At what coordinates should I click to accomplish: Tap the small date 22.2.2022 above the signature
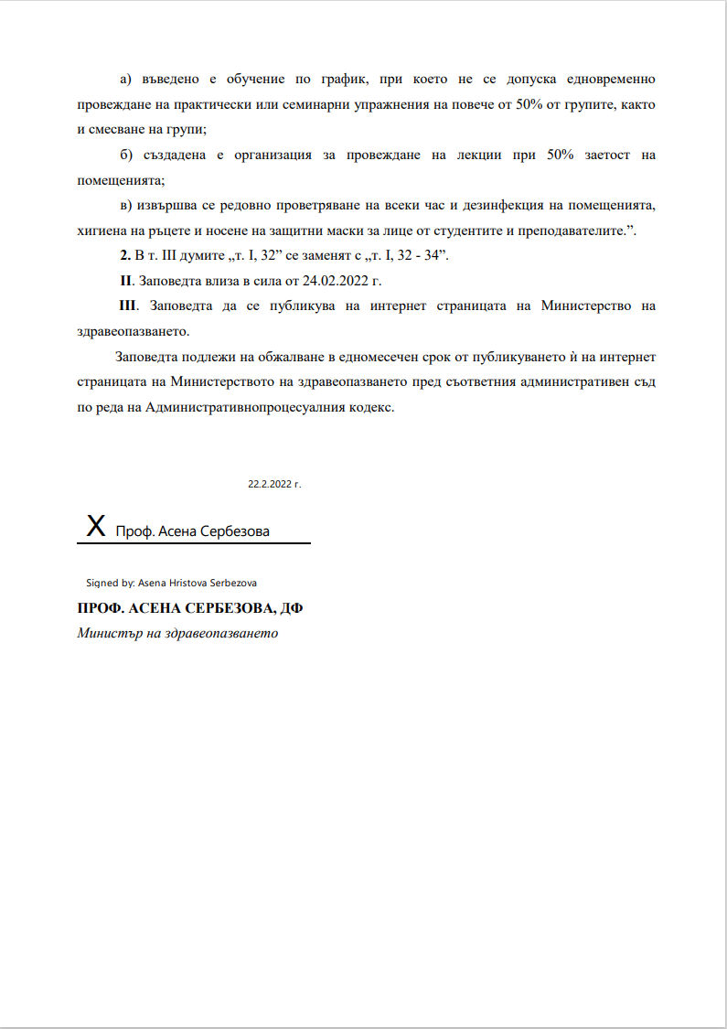[274, 484]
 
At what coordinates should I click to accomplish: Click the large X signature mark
[95, 526]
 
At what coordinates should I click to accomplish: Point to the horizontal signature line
[194, 543]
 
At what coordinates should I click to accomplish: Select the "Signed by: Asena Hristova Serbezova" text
[171, 582]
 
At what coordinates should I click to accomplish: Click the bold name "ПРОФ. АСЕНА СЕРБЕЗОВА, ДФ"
[190, 609]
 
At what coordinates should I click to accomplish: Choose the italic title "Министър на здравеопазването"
[177, 633]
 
